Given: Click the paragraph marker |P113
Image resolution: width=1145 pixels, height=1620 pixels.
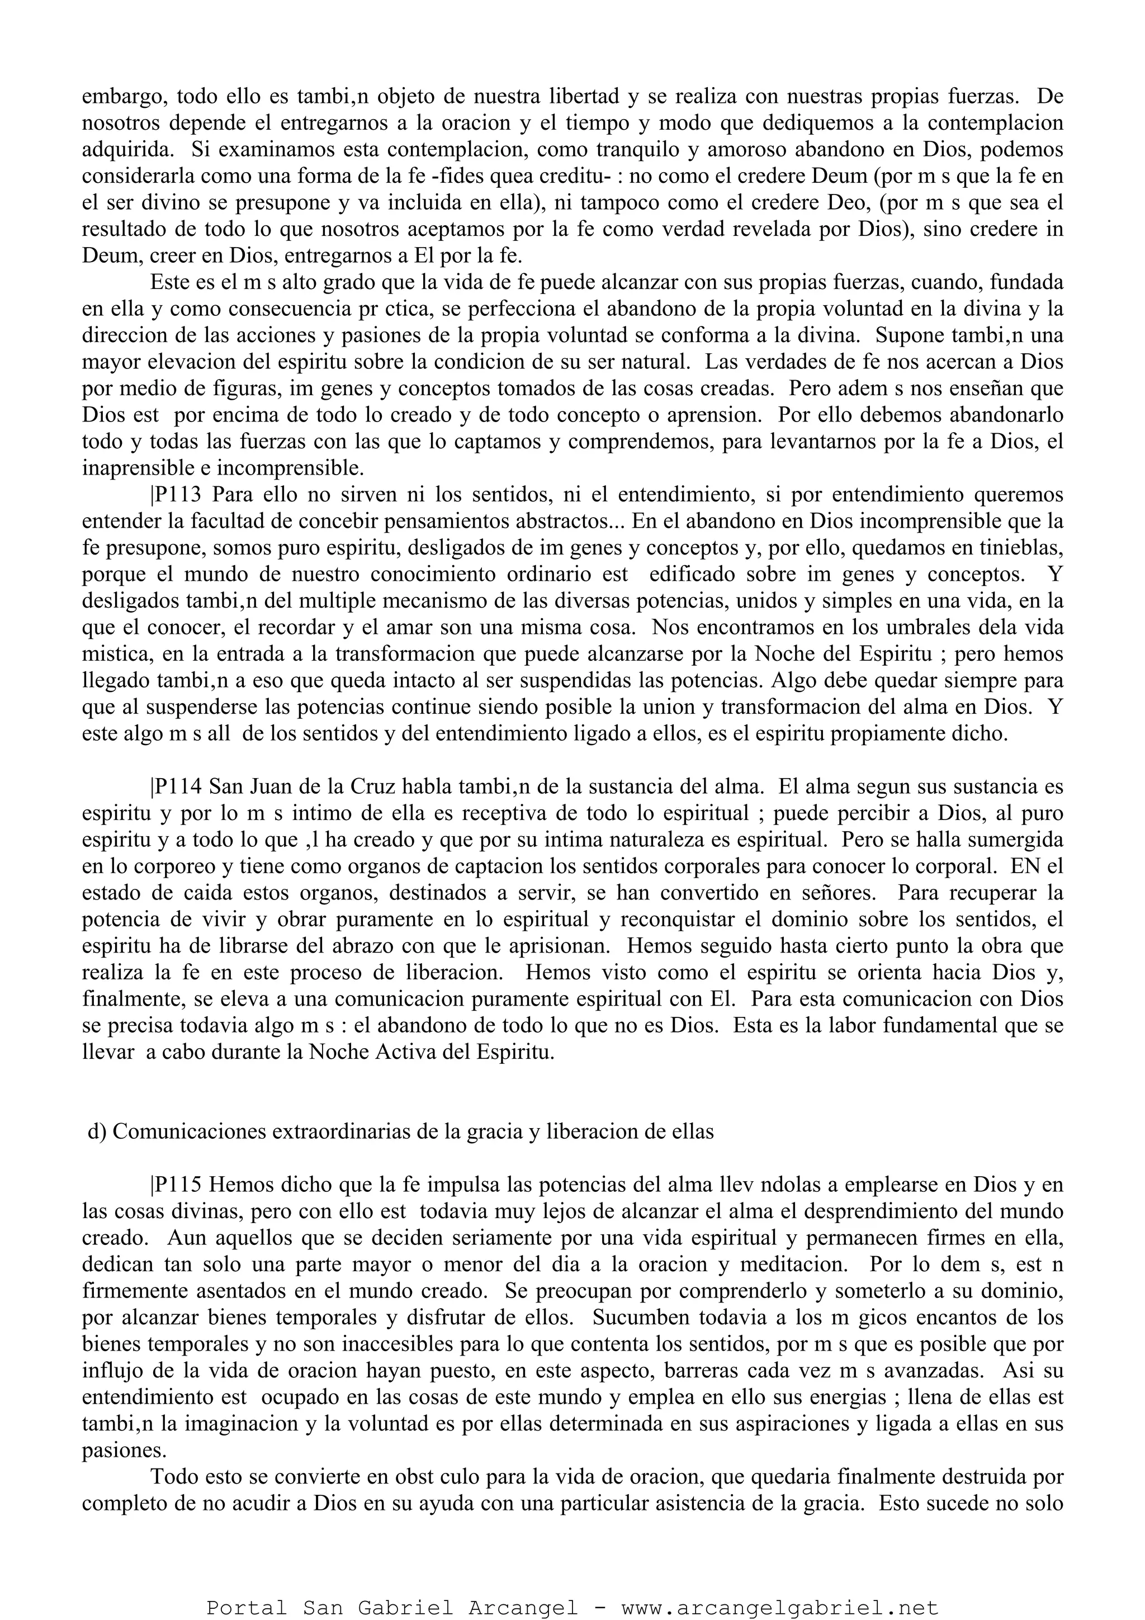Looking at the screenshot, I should [x=174, y=495].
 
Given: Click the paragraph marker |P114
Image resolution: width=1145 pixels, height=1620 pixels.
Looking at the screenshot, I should [x=174, y=787].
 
